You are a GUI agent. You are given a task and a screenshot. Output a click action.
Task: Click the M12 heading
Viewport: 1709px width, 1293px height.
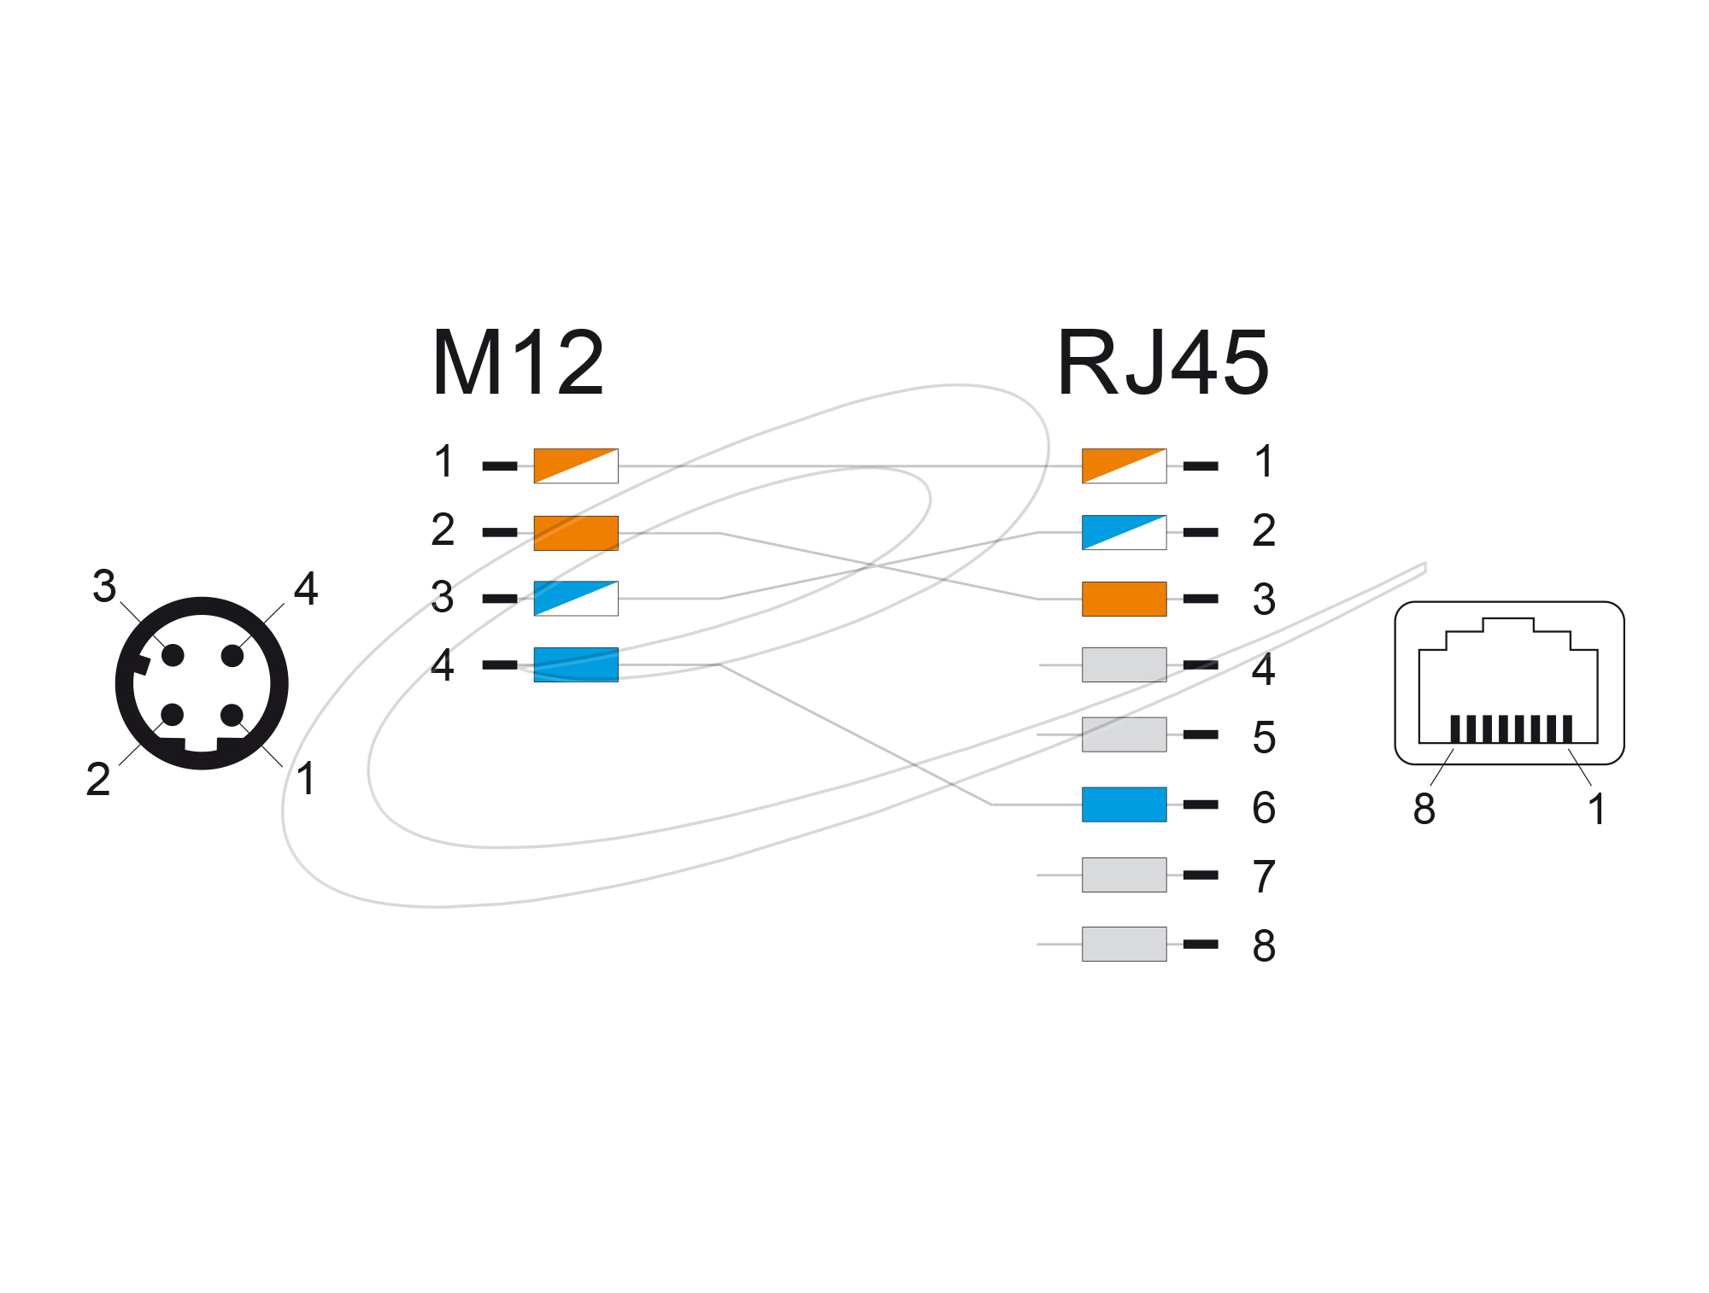click(x=518, y=363)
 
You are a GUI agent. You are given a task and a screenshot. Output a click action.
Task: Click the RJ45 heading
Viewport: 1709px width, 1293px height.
click(x=1163, y=363)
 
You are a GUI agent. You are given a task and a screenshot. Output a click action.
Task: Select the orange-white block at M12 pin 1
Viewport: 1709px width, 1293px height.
click(x=576, y=465)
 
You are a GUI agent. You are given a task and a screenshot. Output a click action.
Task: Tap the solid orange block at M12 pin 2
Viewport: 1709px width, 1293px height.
click(x=576, y=533)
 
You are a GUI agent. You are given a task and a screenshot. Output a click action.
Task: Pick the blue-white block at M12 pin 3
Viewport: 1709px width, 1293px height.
click(x=576, y=599)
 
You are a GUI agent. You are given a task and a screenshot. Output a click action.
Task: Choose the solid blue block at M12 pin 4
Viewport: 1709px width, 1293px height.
click(x=576, y=664)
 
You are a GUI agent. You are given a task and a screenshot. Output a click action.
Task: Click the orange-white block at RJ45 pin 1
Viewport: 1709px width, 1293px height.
click(x=1125, y=465)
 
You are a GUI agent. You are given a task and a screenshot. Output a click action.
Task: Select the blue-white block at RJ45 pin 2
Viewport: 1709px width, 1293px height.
click(x=1125, y=532)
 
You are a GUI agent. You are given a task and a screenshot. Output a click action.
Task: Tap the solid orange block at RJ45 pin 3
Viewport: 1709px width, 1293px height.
click(x=1125, y=599)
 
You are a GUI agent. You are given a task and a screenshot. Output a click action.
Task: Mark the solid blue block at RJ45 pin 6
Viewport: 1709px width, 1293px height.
click(x=1125, y=804)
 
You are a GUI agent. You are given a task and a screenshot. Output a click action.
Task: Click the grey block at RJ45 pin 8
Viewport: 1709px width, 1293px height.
click(x=1125, y=944)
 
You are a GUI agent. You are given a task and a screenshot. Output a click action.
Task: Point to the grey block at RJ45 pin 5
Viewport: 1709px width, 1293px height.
click(x=1125, y=734)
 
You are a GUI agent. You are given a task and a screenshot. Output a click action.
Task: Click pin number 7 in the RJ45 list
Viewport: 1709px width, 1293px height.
click(x=1265, y=877)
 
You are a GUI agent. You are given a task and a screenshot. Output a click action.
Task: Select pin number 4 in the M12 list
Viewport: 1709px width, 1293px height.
click(x=443, y=664)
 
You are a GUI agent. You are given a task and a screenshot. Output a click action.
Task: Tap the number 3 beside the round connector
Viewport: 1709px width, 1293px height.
click(x=104, y=586)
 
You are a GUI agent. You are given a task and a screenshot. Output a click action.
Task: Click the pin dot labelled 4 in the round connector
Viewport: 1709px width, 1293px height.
click(x=232, y=656)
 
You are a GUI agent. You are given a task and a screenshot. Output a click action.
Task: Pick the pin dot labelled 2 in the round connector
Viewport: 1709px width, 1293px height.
click(x=173, y=715)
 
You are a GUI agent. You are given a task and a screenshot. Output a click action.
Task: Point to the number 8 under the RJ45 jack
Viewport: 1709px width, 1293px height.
click(x=1424, y=809)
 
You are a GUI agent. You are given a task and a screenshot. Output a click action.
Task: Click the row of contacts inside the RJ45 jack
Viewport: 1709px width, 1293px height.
click(x=1511, y=728)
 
